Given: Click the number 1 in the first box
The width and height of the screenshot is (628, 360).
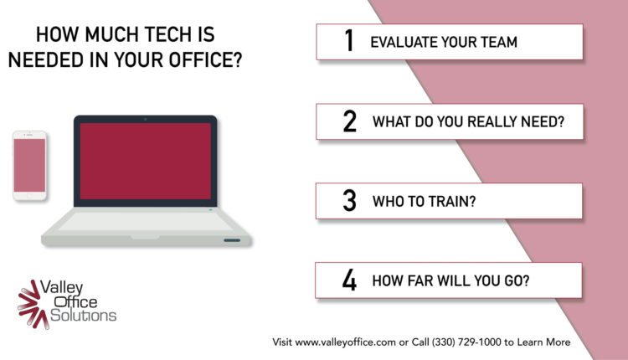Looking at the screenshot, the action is [349, 40].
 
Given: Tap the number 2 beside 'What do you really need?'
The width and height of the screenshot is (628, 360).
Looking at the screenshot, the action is [349, 121].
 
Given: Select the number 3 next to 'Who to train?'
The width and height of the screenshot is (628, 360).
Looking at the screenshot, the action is [349, 200].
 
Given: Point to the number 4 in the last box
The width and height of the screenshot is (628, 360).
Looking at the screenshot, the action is [349, 280].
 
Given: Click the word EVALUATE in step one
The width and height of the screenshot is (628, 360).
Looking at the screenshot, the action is [404, 42].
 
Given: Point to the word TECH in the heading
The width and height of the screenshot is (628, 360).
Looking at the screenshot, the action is [160, 34].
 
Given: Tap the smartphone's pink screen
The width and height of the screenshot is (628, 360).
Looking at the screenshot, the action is [29, 166].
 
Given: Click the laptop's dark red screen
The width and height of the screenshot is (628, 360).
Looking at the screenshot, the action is [146, 161].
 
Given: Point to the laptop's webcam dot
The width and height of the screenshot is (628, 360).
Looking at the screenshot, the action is [146, 119].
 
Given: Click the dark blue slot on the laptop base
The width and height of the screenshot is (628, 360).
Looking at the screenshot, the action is [232, 240].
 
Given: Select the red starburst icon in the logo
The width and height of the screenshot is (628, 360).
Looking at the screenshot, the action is [29, 305].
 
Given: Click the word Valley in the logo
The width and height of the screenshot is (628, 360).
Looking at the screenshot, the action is [62, 288].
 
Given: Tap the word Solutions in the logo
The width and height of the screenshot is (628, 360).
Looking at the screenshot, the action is [83, 315].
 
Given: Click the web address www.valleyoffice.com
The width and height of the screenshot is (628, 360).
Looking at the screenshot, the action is [346, 342].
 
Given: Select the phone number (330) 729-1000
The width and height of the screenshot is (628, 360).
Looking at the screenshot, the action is [466, 342].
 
